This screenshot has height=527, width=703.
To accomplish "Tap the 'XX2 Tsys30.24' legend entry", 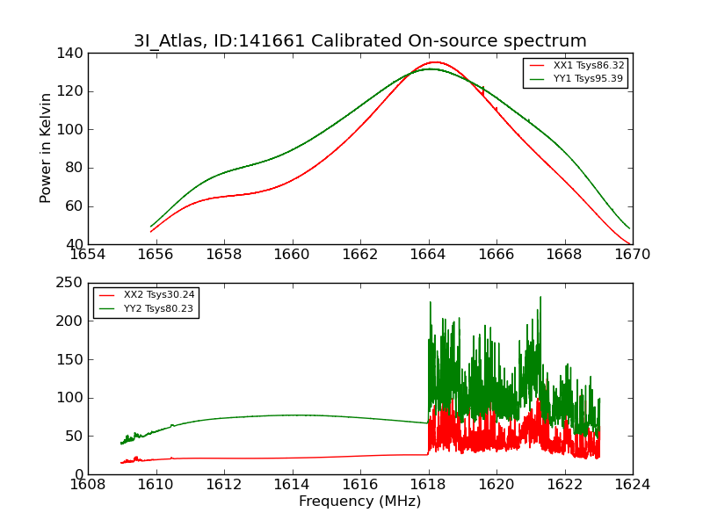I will click(159, 295).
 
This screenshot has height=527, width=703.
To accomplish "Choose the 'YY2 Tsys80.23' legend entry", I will click(159, 308).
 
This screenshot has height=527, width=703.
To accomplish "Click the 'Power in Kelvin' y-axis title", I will click(47, 148).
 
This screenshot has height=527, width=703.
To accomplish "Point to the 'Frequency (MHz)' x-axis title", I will click(359, 502).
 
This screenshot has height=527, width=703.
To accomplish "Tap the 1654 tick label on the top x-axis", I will click(88, 255).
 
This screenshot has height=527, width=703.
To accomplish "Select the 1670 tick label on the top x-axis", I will click(632, 255).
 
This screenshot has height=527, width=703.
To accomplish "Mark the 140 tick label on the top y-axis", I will click(72, 53).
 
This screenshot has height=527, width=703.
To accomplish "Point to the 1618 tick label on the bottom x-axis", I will click(428, 485).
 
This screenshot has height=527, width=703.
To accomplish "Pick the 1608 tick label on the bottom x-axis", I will click(88, 485).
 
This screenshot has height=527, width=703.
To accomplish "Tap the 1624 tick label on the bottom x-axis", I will click(632, 485).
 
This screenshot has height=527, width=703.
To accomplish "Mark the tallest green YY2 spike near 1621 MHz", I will click(540, 297).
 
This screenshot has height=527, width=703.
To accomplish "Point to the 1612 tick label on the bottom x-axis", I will click(224, 485).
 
